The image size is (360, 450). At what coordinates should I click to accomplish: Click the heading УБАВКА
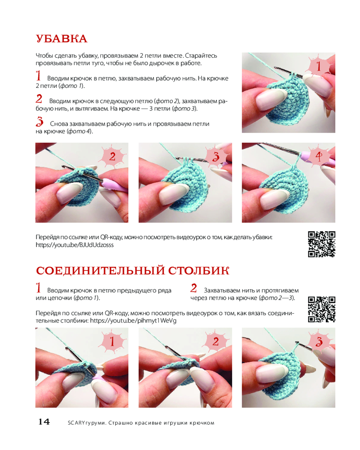click(62, 39)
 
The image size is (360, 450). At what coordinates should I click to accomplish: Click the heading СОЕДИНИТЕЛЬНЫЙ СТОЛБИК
click(133, 270)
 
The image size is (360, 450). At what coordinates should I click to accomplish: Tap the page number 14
click(44, 422)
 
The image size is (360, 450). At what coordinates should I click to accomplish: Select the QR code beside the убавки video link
click(322, 244)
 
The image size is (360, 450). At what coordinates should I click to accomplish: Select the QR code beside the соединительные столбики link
click(322, 310)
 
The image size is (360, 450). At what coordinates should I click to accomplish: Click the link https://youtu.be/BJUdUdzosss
click(75, 245)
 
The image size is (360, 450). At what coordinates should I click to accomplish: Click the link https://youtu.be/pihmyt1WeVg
click(133, 320)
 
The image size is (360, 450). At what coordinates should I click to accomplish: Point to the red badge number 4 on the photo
click(319, 157)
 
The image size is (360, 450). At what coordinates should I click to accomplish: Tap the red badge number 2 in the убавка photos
click(112, 157)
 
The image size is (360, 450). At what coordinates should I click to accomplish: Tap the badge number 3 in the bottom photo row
click(319, 342)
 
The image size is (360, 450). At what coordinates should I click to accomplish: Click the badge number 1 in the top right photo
click(319, 66)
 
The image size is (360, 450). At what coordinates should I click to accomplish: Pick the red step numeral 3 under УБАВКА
click(40, 121)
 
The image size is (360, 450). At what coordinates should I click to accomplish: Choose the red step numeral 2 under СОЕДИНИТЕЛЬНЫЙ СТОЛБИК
click(194, 288)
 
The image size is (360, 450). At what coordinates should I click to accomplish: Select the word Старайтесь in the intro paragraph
click(201, 56)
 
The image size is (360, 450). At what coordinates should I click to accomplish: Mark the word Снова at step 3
click(59, 124)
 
